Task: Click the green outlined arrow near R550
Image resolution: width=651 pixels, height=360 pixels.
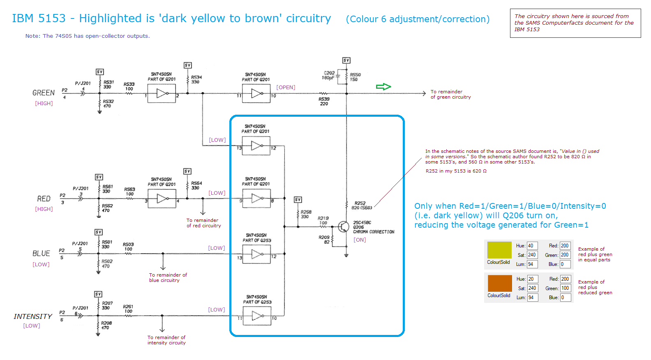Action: coord(383,87)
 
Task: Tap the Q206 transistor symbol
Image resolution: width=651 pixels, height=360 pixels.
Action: coord(343,226)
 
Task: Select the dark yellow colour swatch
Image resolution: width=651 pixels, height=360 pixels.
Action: coord(499,250)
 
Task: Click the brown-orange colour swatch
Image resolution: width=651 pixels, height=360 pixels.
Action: coord(499,283)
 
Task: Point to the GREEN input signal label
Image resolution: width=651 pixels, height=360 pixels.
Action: coord(44,93)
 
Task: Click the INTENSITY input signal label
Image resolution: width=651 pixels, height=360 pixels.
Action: coord(33,316)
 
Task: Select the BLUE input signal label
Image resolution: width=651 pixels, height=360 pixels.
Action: coord(41,254)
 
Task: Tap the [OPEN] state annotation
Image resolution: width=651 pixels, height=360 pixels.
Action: coord(286,88)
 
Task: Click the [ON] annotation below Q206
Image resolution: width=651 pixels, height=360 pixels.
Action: coord(360,240)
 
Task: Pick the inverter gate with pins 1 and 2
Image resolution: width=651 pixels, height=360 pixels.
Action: coord(162,94)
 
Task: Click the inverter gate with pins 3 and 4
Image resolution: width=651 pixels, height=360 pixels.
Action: coord(162,199)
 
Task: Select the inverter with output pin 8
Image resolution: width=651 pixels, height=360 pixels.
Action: coord(256,199)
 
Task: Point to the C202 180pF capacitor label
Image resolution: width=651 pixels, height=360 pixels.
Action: coord(328,75)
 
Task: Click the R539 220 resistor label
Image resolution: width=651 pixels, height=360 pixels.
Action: coord(324,101)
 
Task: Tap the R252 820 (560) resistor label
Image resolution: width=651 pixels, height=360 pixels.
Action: coord(361,205)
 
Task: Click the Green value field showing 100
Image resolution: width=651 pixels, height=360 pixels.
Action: coord(565,288)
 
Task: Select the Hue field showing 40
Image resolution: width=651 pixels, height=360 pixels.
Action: coord(532,246)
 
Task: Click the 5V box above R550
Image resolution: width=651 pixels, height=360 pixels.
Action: coord(346,60)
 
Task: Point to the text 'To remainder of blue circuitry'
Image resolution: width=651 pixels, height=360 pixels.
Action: coord(167,277)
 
